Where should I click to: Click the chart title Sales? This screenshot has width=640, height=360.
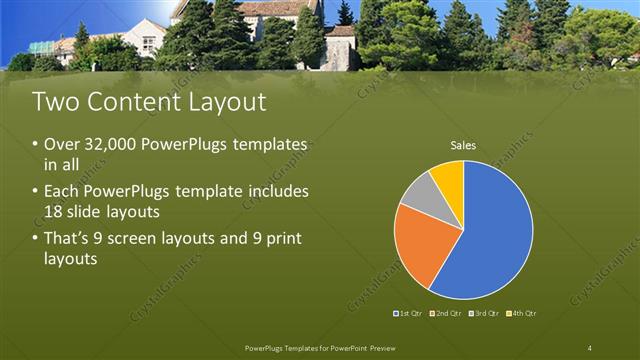pyautogui.click(x=463, y=146)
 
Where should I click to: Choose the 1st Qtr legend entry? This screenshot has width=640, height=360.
pyautogui.click(x=410, y=314)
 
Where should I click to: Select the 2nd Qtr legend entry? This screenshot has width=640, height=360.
pyautogui.click(x=446, y=314)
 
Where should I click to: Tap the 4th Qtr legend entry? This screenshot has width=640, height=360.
pyautogui.click(x=521, y=314)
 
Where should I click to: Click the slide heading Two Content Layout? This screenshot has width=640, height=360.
pyautogui.click(x=149, y=102)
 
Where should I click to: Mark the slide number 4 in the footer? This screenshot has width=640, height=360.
pyautogui.click(x=589, y=347)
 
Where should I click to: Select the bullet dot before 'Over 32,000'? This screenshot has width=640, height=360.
pyautogui.click(x=37, y=145)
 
